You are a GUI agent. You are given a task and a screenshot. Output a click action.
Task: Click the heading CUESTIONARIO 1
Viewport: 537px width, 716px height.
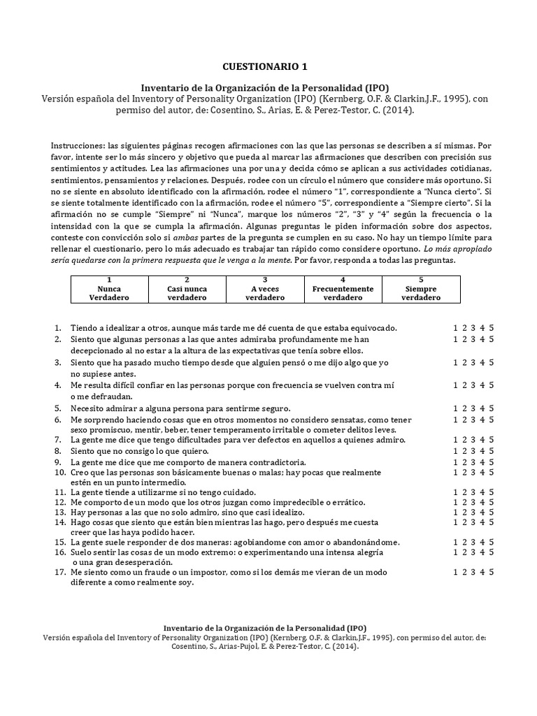tap(264, 67)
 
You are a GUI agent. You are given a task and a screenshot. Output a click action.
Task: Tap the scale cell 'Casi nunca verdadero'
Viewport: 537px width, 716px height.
tap(187, 288)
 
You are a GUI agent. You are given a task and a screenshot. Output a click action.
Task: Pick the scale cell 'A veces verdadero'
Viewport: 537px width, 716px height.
tap(265, 288)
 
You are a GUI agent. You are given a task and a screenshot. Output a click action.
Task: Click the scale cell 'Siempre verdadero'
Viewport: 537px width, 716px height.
tap(421, 288)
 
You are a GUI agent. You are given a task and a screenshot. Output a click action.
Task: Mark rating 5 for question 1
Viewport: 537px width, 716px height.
tap(492, 327)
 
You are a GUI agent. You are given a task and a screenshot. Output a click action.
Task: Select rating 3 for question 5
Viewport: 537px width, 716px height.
tap(473, 408)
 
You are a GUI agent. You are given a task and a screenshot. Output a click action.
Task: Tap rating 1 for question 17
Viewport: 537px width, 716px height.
tap(455, 571)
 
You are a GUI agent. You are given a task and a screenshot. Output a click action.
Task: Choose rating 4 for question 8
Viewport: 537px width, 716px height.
tap(482, 451)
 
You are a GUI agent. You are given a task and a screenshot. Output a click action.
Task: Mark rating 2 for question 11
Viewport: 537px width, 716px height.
tap(464, 492)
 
